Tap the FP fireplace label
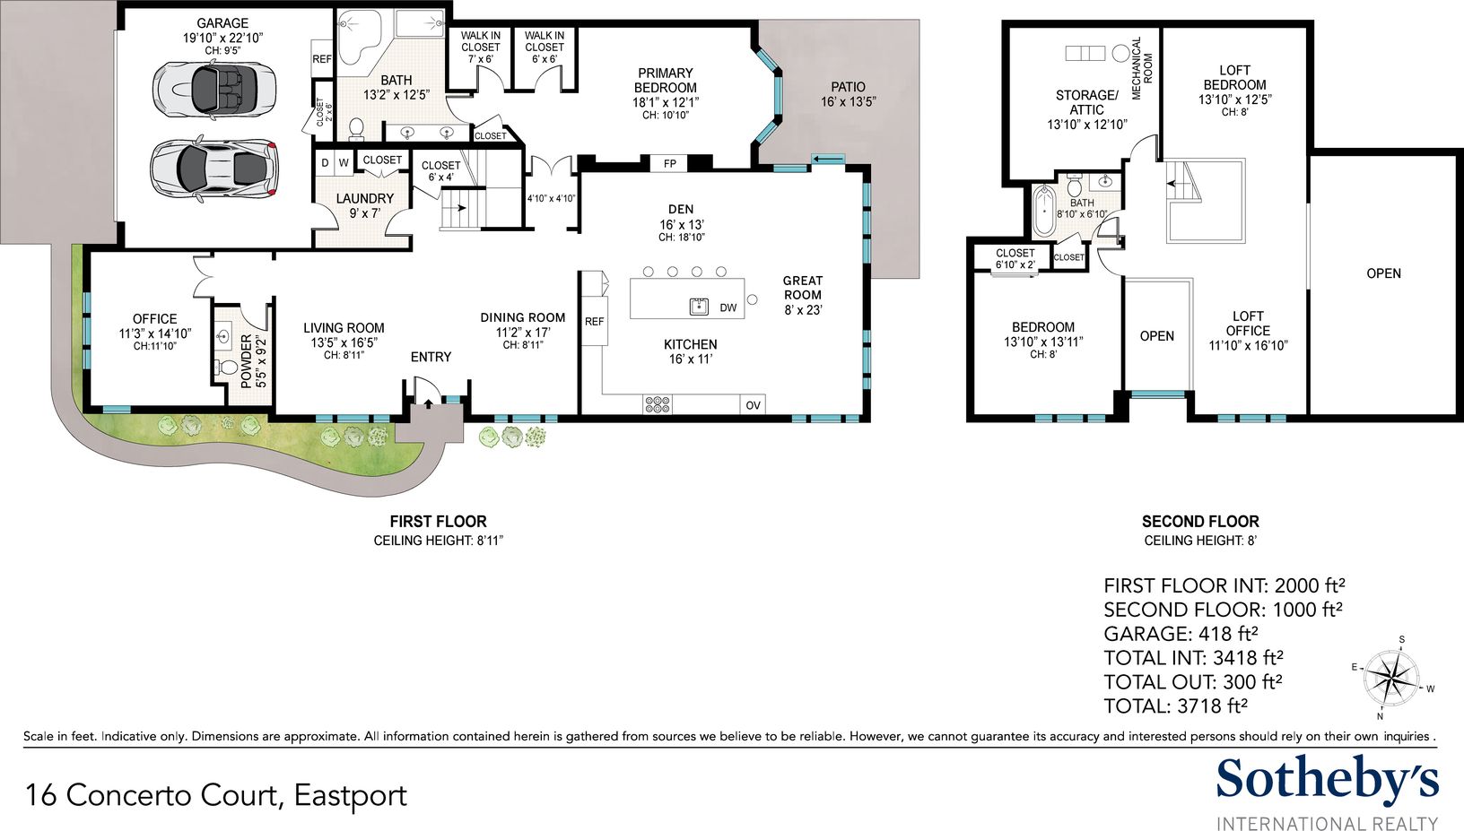click(669, 163)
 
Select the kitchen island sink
click(700, 307)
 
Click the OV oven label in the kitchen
click(753, 405)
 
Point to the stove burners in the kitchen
click(657, 404)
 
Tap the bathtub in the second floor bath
click(1044, 211)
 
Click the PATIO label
click(849, 87)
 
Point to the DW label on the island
click(728, 307)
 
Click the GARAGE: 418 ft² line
click(1181, 634)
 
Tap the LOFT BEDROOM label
click(1234, 77)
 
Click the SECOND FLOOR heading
click(1200, 522)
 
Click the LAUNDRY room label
click(365, 198)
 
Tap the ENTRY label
click(431, 357)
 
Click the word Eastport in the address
click(351, 796)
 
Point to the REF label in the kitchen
click(594, 322)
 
